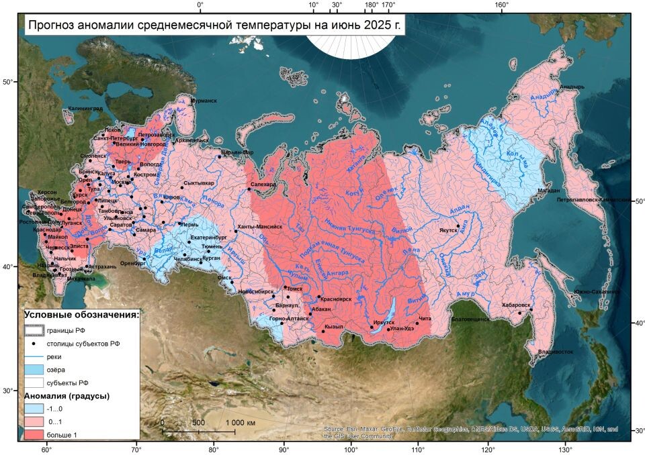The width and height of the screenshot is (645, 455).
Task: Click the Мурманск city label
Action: pos(204,101)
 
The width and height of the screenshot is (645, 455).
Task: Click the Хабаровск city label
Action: pos(516,305)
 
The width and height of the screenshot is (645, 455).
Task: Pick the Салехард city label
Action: pos(263,184)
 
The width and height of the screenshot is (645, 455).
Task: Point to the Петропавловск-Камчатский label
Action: pos(594,200)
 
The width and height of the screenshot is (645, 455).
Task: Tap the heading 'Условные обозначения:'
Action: pos(81,314)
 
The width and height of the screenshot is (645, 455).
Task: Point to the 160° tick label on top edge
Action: pos(501,5)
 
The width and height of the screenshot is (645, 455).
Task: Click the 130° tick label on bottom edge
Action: pos(566,450)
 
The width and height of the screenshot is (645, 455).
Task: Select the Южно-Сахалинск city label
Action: pos(596,292)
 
